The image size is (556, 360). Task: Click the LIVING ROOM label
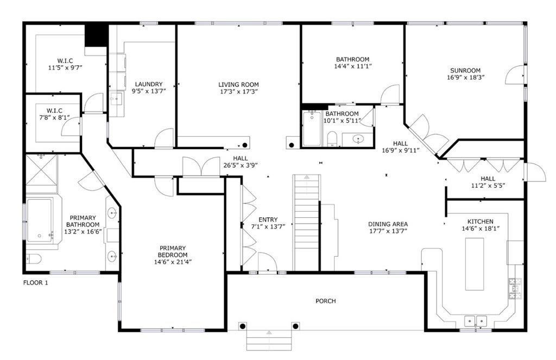pos(238,84)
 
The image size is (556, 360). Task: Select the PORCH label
pos(326,301)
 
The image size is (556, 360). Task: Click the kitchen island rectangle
pos(474,264)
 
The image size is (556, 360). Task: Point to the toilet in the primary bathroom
pos(33,259)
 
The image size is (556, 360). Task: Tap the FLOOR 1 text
pos(35,283)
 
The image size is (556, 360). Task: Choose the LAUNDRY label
pos(149,84)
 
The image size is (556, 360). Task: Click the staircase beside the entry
pos(306,223)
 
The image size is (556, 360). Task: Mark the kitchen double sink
pos(476,320)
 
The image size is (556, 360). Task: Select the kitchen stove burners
pos(515,288)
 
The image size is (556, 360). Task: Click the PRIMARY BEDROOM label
pos(172,251)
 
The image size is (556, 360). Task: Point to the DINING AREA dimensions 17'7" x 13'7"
pos(388,231)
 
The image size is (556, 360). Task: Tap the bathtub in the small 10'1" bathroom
pos(312,128)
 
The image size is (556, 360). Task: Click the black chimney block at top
pos(96,35)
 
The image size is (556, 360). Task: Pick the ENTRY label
pos(268,219)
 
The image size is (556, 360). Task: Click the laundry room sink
pos(116,99)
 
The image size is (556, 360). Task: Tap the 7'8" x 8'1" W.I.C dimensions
pos(54,117)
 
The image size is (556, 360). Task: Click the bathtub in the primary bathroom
pos(39,220)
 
